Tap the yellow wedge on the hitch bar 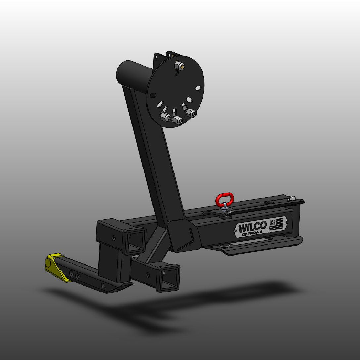[58, 267]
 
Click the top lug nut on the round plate [179, 65]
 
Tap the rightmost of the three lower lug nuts [191, 113]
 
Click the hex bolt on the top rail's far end [292, 198]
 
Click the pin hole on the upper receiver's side [114, 238]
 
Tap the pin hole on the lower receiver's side [147, 274]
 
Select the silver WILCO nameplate [260, 227]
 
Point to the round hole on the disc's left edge [153, 95]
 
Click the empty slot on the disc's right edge [198, 88]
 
